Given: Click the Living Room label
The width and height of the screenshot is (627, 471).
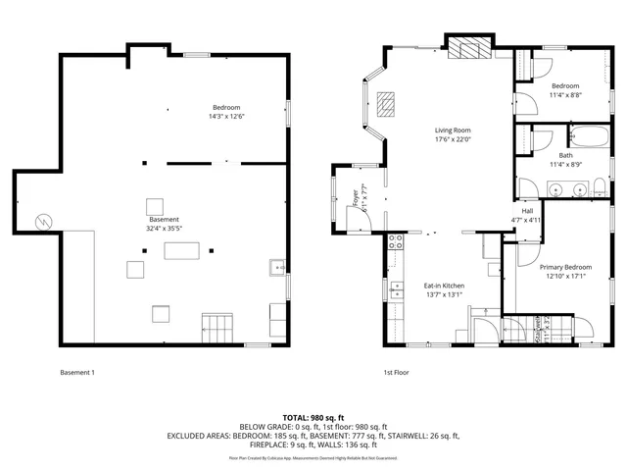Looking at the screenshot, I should tap(454, 131).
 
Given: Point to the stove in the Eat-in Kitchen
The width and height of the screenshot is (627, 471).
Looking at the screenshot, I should tap(396, 241).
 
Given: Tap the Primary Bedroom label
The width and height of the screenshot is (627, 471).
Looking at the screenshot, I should tap(565, 267).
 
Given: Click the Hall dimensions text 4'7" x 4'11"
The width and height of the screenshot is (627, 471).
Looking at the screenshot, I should tap(527, 220).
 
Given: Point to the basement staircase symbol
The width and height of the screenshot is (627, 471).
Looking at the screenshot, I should tap(218, 326).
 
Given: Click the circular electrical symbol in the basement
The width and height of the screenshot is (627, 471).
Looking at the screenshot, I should tap(42, 222).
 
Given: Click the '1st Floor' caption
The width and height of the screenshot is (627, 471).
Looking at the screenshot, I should tap(395, 373).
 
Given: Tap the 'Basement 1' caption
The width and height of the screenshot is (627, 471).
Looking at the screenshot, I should tap(77, 373).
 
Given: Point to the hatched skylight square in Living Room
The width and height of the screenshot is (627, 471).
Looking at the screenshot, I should tap(388, 103).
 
